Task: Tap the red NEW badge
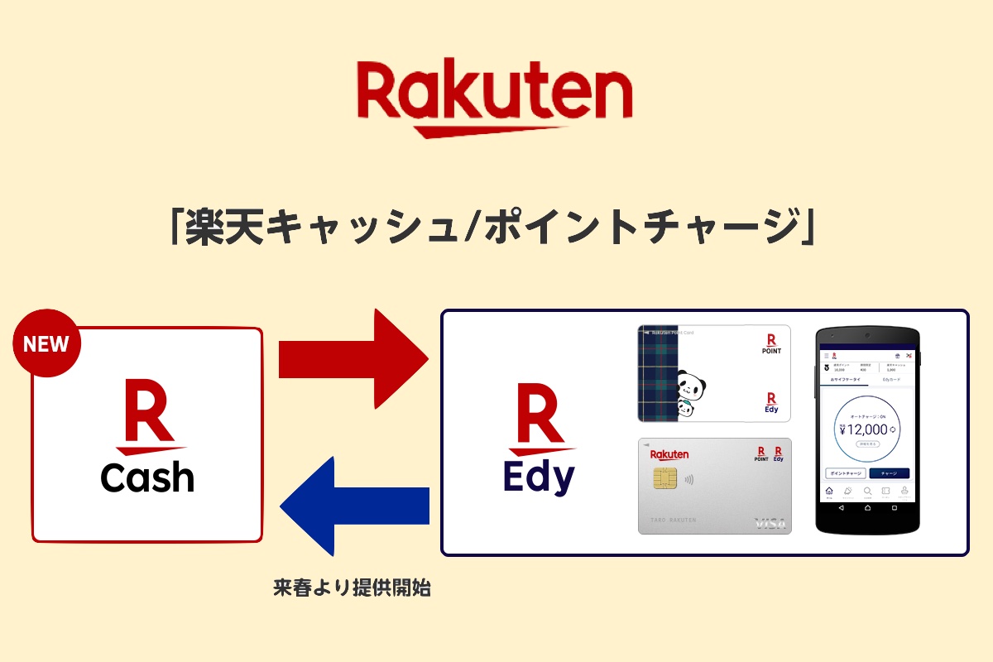pos(47,343)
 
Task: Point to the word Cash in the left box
pos(147,478)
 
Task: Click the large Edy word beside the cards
pos(539,478)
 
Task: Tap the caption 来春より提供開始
pos(352,590)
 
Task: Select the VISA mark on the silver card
pos(769,523)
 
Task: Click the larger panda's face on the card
pos(689,385)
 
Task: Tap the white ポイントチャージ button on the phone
pos(846,473)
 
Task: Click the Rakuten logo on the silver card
pos(669,454)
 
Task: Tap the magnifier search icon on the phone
pos(867,492)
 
